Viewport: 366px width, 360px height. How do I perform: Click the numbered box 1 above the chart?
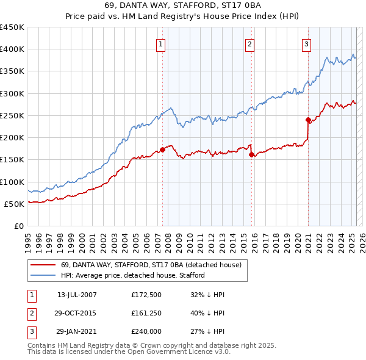(160, 43)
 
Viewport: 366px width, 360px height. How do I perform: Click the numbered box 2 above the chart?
(250, 43)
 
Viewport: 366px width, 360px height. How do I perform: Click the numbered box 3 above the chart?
(306, 43)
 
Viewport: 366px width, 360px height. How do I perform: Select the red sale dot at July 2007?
(162, 149)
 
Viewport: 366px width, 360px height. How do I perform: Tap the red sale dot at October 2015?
(251, 154)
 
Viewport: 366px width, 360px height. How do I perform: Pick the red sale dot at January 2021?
(309, 120)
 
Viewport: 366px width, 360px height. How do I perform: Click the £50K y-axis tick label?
(15, 204)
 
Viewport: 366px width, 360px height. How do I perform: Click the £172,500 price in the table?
(146, 295)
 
